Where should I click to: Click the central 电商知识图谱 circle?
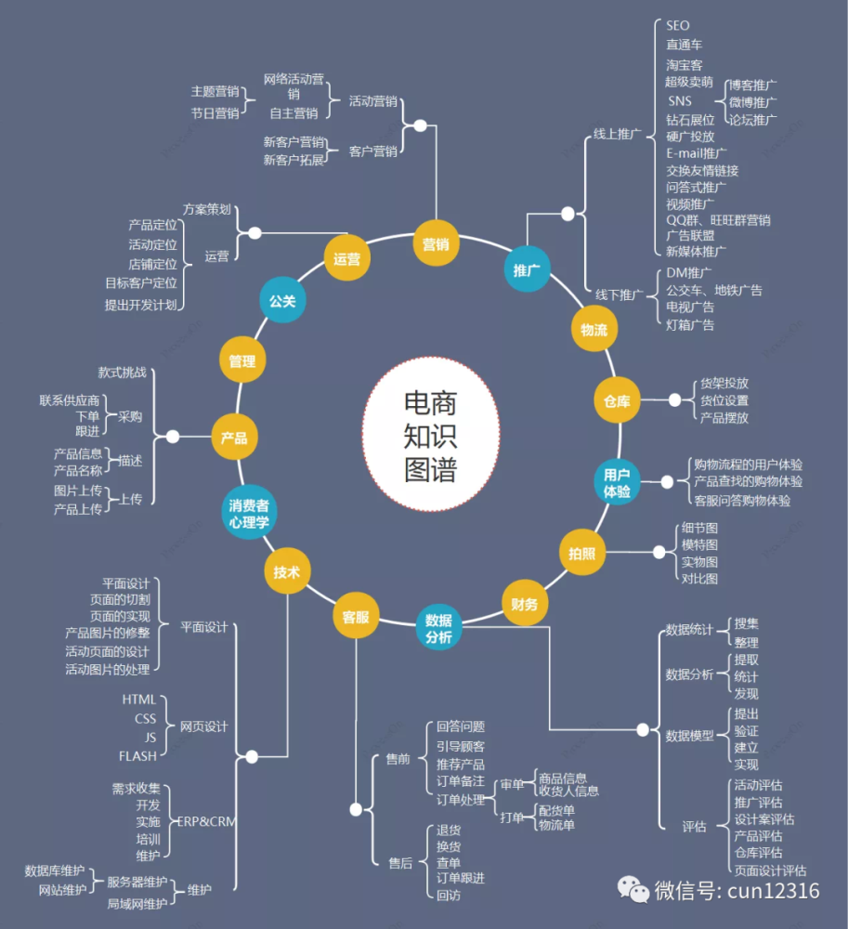click(431, 434)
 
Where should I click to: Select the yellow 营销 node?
click(436, 243)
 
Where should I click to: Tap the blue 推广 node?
click(527, 269)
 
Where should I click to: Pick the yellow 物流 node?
click(594, 330)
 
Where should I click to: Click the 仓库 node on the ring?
click(617, 400)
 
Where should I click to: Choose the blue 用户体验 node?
click(617, 482)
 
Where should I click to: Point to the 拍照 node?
click(582, 553)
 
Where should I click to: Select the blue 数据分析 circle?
click(438, 628)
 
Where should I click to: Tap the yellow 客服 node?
click(356, 616)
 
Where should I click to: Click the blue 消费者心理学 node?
click(249, 513)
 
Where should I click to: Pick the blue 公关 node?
click(282, 300)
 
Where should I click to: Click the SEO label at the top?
click(677, 25)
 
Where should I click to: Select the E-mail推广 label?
click(696, 153)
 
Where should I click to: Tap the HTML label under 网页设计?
click(138, 700)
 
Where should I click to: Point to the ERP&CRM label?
click(207, 822)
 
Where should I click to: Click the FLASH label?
click(137, 756)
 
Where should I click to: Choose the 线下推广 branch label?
click(619, 294)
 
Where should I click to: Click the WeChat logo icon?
click(633, 890)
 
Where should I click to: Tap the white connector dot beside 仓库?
click(674, 400)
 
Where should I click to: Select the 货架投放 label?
click(724, 384)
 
